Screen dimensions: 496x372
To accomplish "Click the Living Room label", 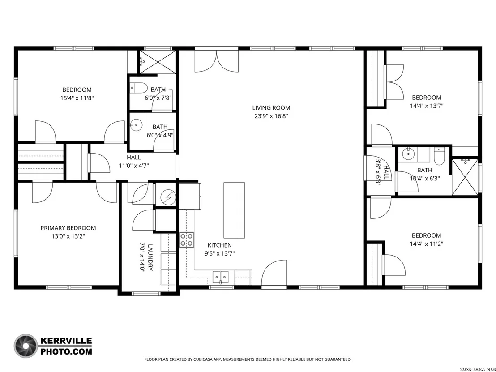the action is [271, 108].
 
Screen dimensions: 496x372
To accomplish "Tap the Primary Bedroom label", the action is [68, 228].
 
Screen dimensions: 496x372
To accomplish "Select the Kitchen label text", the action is [219, 245].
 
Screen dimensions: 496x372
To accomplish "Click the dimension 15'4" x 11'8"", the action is [77, 98].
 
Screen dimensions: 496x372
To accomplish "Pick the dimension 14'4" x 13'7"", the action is [427, 106].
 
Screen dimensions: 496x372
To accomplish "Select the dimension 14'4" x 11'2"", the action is [427, 244].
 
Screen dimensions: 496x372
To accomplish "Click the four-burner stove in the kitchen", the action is [187, 240].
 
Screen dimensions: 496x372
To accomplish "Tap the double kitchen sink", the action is [221, 278].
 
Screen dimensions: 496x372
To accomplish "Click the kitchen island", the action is [234, 210].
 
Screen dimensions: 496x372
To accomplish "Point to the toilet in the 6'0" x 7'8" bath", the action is [139, 88].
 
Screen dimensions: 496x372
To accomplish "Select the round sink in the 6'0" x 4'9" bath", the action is [136, 125].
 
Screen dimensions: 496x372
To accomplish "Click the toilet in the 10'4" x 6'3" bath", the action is [440, 156].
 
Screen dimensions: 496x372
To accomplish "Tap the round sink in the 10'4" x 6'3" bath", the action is [408, 154].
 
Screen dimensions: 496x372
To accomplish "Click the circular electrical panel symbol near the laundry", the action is [168, 197].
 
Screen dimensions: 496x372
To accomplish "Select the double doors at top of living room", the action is [217, 61].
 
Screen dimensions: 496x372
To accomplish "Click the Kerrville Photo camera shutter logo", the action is [26, 346].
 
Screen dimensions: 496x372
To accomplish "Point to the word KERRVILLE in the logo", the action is [66, 341].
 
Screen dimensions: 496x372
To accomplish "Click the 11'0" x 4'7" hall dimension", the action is [134, 166].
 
